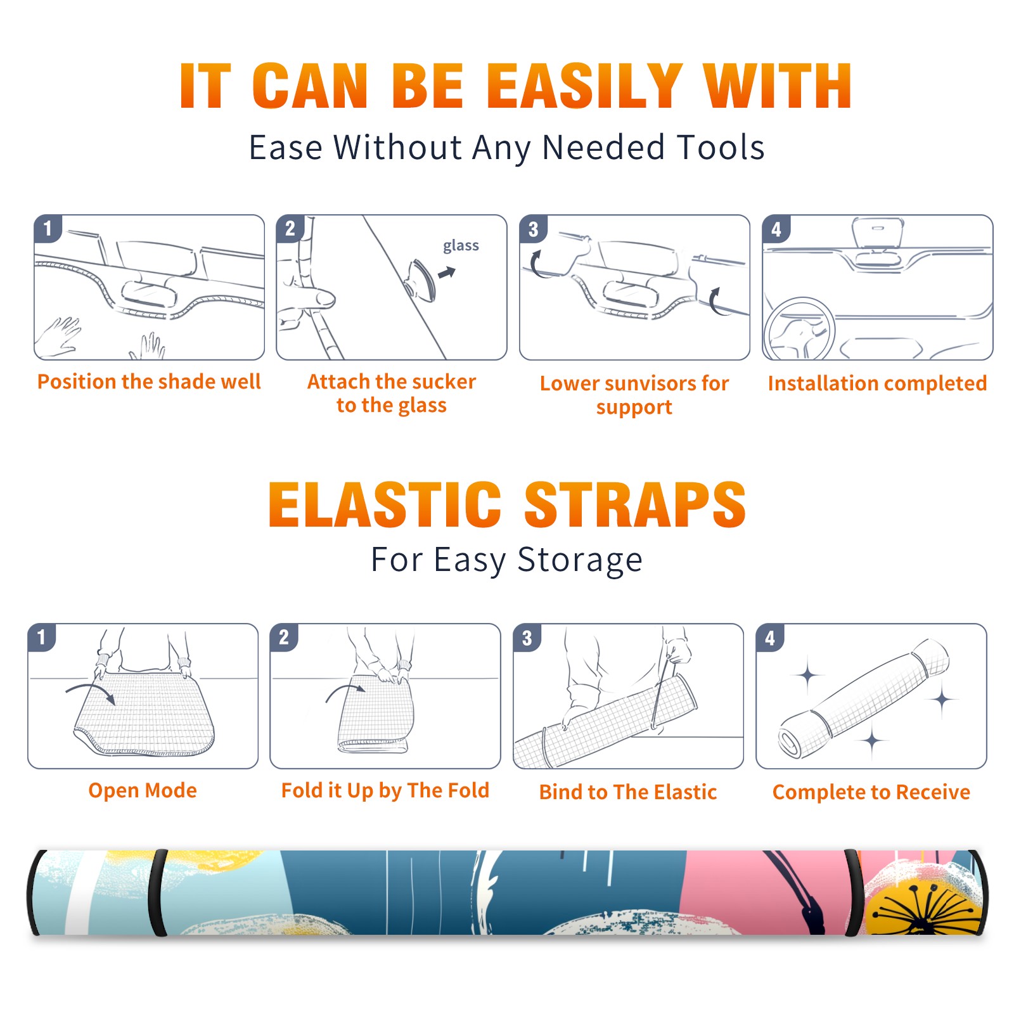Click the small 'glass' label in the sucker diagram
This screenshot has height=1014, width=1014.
click(x=461, y=246)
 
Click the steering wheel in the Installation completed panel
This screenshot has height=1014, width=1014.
click(x=799, y=329)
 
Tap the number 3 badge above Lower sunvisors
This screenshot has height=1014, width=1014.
click(x=533, y=229)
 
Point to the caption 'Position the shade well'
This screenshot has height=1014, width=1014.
click(x=149, y=382)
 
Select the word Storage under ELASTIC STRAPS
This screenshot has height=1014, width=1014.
click(x=580, y=560)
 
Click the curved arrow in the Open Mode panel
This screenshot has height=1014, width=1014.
click(x=90, y=690)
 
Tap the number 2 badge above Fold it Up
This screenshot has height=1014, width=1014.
click(x=284, y=637)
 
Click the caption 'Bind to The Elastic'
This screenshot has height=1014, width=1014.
click(x=627, y=792)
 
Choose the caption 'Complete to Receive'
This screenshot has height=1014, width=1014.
click(x=871, y=792)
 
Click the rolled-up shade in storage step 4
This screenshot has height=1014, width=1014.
click(x=864, y=698)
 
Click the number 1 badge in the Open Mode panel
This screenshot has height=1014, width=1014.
click(x=42, y=637)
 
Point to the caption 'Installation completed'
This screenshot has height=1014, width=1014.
click(x=877, y=383)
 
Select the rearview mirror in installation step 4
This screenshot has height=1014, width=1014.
click(x=877, y=233)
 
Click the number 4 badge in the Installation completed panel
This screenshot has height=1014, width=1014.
click(x=776, y=229)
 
